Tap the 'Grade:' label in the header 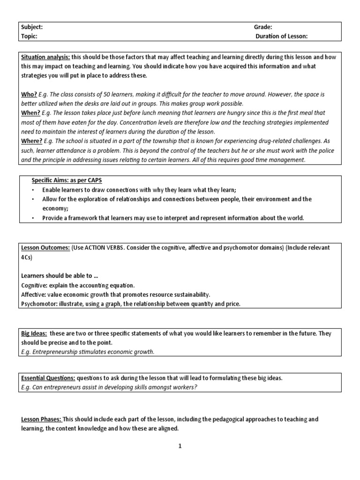click(x=263, y=27)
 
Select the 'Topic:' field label click(x=29, y=36)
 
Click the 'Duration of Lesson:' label click(x=282, y=36)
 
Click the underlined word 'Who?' click(x=29, y=94)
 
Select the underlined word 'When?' click(x=30, y=113)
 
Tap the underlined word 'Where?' click(x=32, y=141)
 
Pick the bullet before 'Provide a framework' click(x=33, y=218)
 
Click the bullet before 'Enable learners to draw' click(x=33, y=190)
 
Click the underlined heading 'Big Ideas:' click(x=34, y=333)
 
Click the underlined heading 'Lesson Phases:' click(x=41, y=419)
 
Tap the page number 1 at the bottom click(x=180, y=446)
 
